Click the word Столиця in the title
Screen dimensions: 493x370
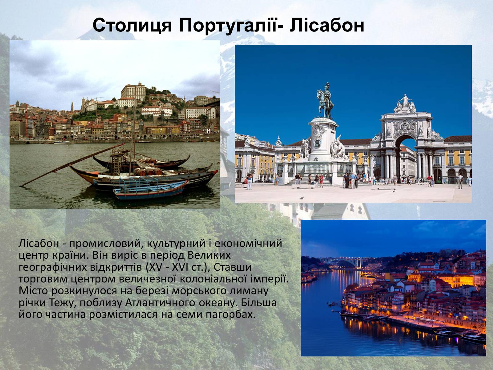[132, 25]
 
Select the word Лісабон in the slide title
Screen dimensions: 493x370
[327, 25]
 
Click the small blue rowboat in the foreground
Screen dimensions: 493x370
[150, 190]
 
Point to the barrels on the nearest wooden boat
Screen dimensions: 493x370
[148, 172]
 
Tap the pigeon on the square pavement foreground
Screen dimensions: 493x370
[302, 198]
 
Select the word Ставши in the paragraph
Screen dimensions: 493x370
[232, 267]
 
